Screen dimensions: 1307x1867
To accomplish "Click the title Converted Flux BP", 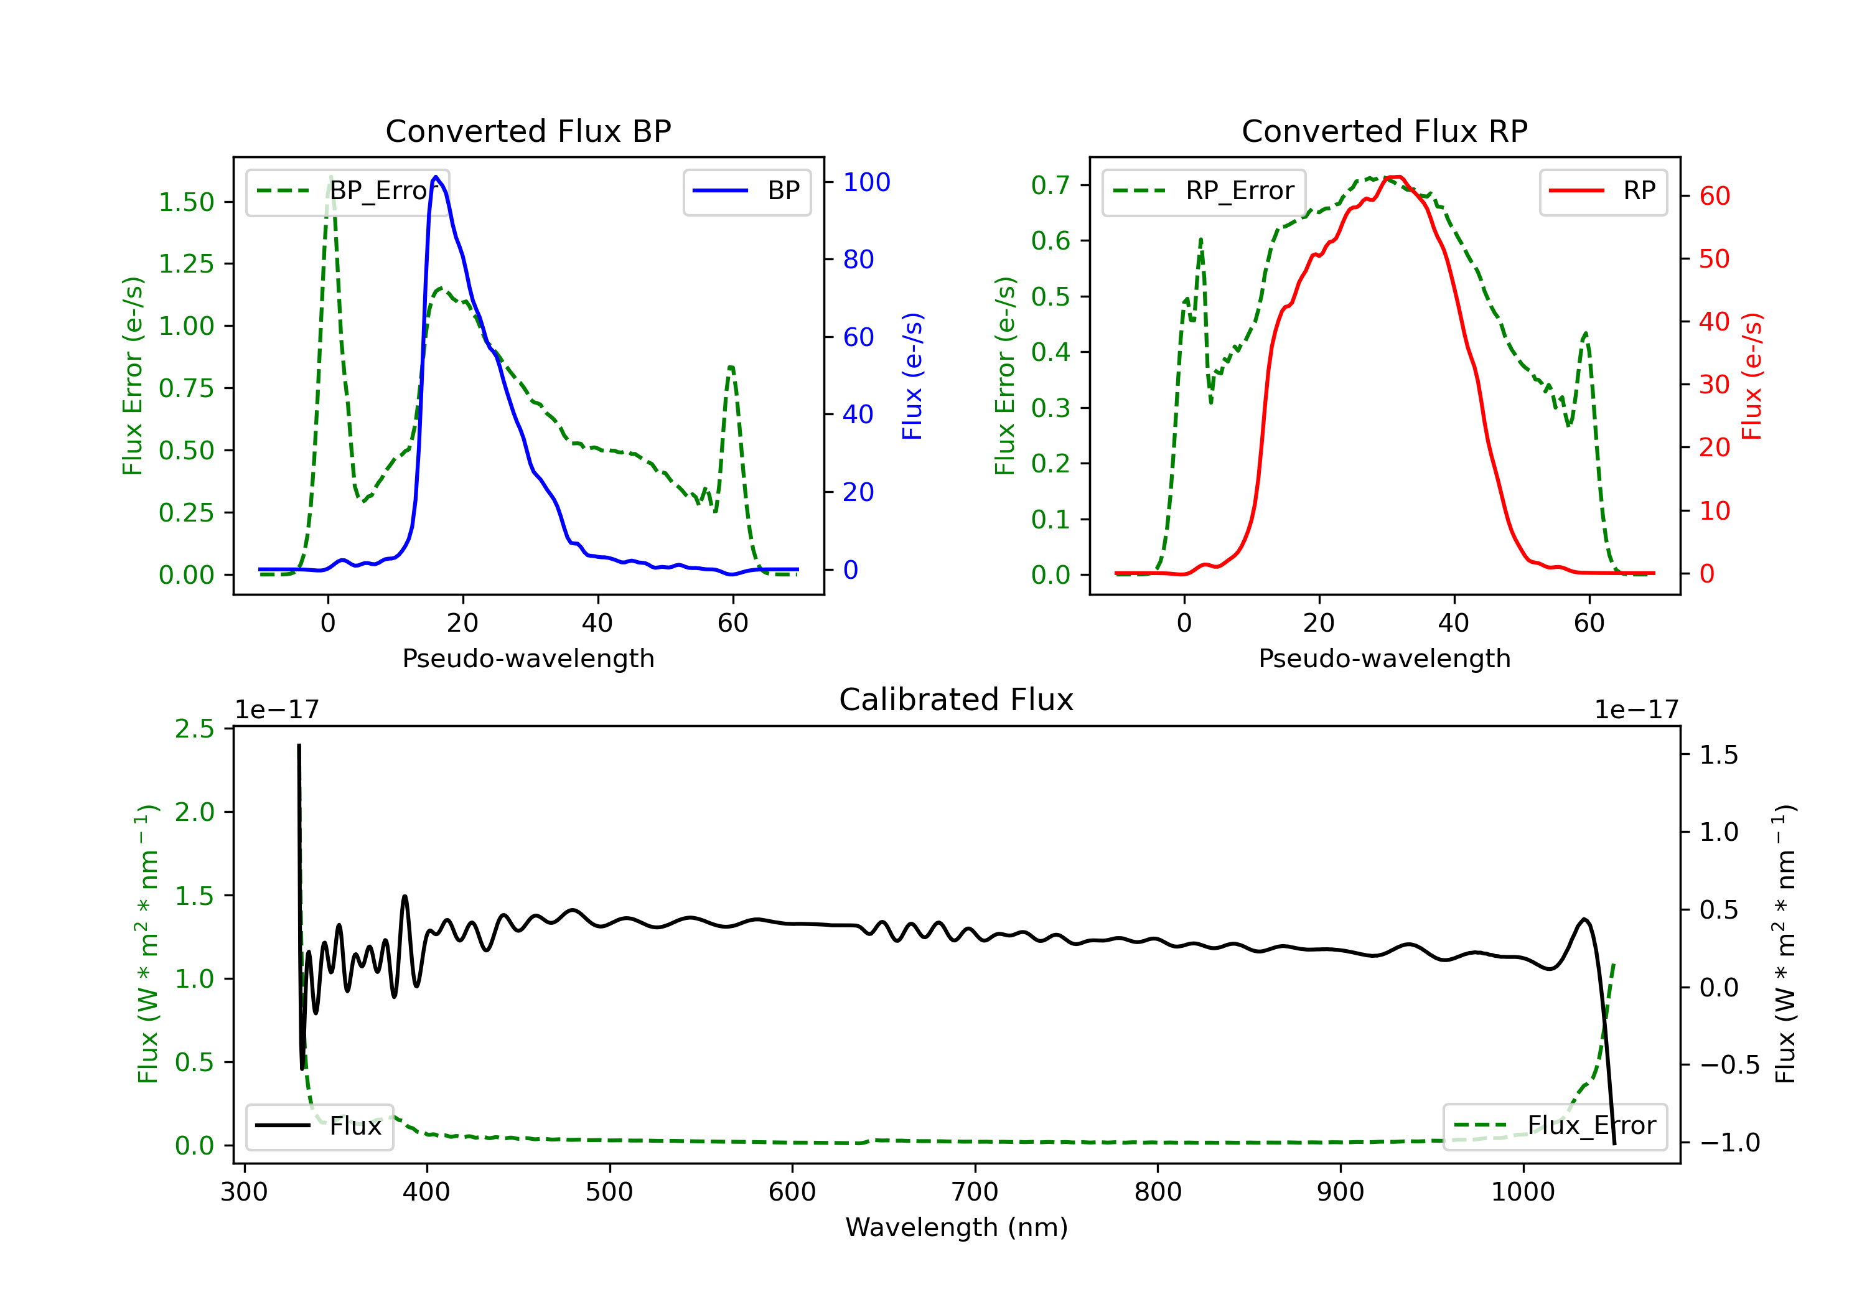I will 528,131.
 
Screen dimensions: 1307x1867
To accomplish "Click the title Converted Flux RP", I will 1384,131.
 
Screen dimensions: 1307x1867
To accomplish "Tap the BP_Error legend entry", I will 347,191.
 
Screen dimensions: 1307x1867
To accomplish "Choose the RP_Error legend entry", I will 1204,191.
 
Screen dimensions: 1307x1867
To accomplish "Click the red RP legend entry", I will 1603,191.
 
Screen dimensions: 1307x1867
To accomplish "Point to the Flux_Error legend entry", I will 1555,1126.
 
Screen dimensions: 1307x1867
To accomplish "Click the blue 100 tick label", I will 866,182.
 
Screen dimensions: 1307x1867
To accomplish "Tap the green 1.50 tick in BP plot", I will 186,202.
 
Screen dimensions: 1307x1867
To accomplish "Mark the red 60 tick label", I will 1714,196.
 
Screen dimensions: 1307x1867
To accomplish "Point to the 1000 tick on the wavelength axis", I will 1522,1192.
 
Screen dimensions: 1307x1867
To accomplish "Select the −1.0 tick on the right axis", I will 1729,1143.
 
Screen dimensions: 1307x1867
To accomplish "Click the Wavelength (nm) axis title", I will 957,1227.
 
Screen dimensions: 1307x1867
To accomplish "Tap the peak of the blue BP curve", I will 436,177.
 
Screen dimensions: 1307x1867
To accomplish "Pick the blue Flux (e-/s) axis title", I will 912,376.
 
